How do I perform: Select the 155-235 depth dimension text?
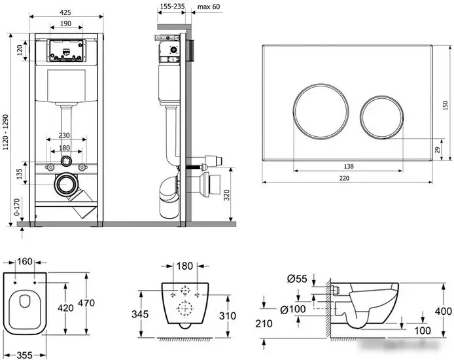[x=171, y=8]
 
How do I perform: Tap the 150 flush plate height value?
[x=446, y=105]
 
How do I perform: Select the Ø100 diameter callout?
[x=294, y=308]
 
